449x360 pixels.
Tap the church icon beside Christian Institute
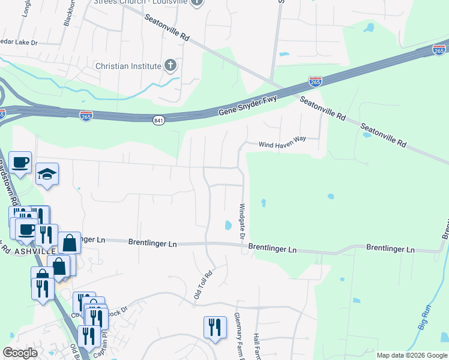[170, 65]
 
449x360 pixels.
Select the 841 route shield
[158, 121]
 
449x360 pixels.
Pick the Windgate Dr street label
[242, 221]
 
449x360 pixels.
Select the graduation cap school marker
[47, 175]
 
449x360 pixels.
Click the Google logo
[20, 353]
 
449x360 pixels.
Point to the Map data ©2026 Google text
[411, 355]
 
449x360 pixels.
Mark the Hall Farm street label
[256, 345]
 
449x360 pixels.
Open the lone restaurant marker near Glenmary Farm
[215, 327]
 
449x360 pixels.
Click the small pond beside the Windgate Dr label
[228, 226]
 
